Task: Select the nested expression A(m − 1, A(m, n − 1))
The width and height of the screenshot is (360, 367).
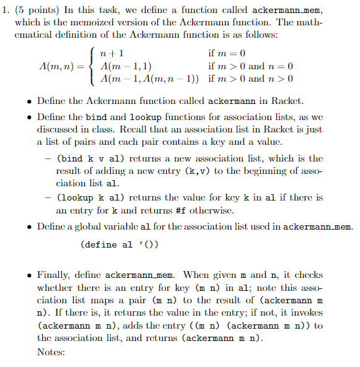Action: tap(156, 79)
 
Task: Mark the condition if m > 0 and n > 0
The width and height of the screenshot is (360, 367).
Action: tap(251, 79)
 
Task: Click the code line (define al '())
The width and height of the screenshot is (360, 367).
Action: tap(120, 244)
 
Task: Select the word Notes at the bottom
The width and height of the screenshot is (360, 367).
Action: tap(51, 352)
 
